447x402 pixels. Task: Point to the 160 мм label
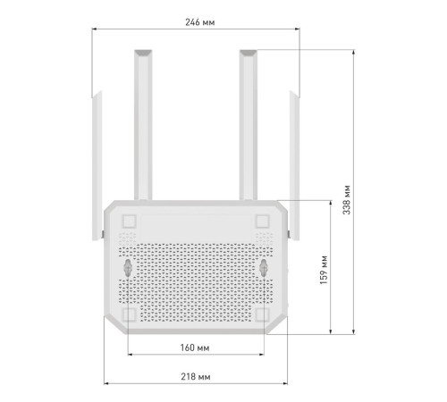pos(196,346)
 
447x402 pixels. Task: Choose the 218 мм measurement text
pos(196,377)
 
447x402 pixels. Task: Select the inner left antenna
pos(141,125)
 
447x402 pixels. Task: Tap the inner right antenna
pos(248,125)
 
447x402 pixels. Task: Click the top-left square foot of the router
pos(129,220)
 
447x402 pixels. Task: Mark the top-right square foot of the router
pos(264,220)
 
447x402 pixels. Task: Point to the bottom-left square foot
pos(129,314)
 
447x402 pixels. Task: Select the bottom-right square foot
pos(264,314)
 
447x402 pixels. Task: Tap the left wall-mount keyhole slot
pos(128,267)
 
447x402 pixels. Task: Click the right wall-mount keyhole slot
pos(265,267)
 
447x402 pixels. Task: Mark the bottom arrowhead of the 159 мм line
pos(333,331)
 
